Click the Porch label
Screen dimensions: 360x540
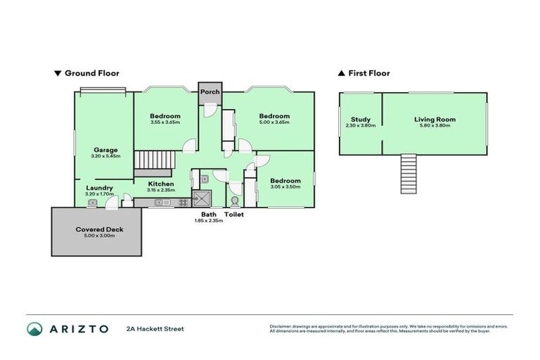coord(210,92)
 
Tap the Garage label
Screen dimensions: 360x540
coord(105,150)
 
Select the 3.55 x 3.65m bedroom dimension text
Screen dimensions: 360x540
coord(165,122)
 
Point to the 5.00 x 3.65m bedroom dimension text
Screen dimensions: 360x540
coord(274,122)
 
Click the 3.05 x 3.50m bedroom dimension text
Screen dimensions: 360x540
coord(285,186)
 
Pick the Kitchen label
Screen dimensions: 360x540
coord(160,184)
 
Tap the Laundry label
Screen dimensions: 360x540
coord(99,188)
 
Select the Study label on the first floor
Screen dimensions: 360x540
coord(360,120)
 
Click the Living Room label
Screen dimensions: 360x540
coord(435,120)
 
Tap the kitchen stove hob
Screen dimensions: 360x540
coord(182,202)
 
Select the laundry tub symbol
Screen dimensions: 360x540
coord(92,202)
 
